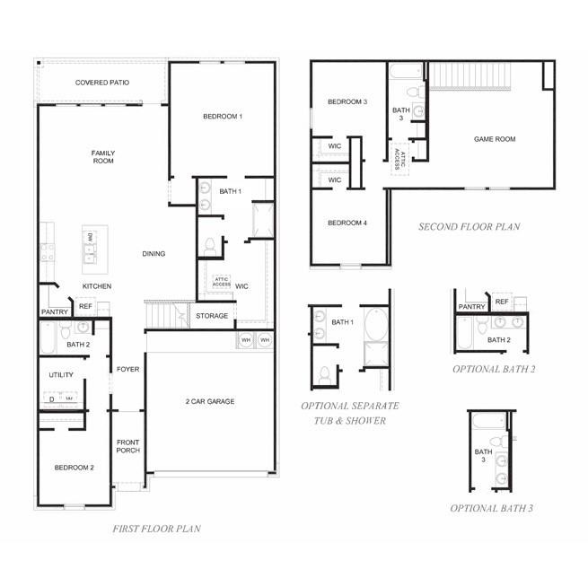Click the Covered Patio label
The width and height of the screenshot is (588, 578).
(x=101, y=83)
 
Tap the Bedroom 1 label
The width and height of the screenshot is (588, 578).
(x=223, y=117)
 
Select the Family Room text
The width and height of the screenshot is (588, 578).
(x=103, y=157)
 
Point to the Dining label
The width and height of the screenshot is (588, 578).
(x=154, y=254)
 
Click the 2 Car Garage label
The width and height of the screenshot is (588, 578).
(x=210, y=401)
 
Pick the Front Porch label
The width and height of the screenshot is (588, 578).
(x=127, y=447)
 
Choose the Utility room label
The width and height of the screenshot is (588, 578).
(x=62, y=375)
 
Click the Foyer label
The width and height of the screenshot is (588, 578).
(x=127, y=369)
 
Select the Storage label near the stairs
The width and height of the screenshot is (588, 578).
(x=213, y=316)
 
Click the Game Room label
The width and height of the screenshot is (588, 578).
(x=495, y=139)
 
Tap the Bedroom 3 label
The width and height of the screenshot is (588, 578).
(x=347, y=101)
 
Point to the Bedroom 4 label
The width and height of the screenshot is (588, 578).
(x=347, y=223)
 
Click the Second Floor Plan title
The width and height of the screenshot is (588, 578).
(x=469, y=227)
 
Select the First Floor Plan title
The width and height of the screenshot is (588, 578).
(x=157, y=529)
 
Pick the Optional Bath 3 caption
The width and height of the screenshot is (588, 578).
(x=492, y=508)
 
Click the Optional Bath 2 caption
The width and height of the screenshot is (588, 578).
(x=494, y=369)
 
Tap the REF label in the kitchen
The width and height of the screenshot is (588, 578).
(x=85, y=306)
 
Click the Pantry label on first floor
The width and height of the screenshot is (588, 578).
(x=54, y=312)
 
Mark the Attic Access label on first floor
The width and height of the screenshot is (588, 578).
(x=222, y=282)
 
